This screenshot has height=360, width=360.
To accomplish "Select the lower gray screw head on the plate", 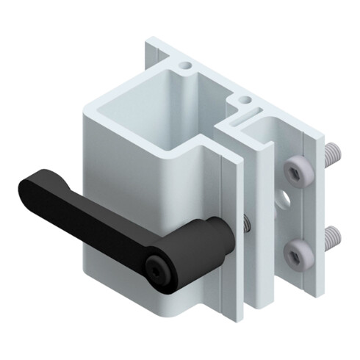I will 296,253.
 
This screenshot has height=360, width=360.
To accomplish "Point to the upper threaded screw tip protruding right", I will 333,154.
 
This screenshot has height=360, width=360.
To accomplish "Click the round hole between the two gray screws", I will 285,198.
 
